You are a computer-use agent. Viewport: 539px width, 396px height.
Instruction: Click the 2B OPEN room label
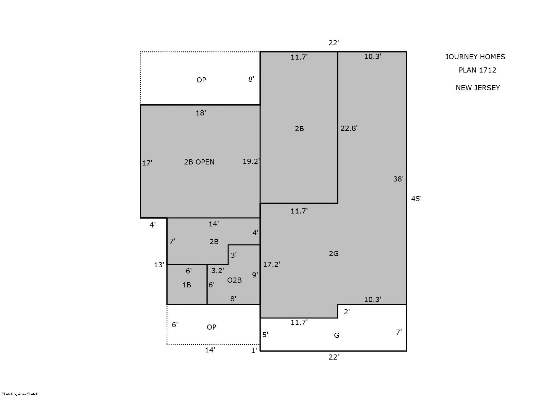pos(199,162)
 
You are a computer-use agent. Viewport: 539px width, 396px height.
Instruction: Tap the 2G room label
pos(334,253)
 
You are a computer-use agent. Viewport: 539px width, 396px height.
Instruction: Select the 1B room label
pos(186,285)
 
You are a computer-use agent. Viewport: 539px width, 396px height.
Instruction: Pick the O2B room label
pos(234,280)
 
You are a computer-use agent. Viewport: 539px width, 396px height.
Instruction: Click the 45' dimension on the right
pos(416,199)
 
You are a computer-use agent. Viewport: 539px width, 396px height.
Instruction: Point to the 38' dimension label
pos(398,179)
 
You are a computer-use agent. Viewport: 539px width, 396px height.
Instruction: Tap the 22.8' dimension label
pos(349,128)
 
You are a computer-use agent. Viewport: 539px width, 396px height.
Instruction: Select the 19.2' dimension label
pos(251,161)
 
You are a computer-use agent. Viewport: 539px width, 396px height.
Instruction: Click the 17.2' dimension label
pos(271,265)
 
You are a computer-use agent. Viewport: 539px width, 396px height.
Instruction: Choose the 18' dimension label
pos(201,113)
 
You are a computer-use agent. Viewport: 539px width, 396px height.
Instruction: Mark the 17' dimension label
pos(147,163)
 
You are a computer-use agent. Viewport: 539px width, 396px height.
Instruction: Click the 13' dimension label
pos(159,265)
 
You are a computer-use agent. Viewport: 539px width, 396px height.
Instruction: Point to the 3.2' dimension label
pos(218,270)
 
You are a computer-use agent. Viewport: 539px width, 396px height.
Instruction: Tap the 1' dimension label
pos(254,351)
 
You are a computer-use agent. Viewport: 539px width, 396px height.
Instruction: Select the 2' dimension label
pos(347,312)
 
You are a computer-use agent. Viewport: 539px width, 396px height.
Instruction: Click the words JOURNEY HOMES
pos(475,57)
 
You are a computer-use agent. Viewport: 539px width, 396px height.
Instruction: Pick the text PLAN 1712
pos(477,70)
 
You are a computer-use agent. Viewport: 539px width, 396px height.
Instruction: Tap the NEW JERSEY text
pos(478,88)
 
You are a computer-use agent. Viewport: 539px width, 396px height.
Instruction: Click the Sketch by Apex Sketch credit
pos(20,394)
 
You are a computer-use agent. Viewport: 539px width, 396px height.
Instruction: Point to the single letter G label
pos(337,335)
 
